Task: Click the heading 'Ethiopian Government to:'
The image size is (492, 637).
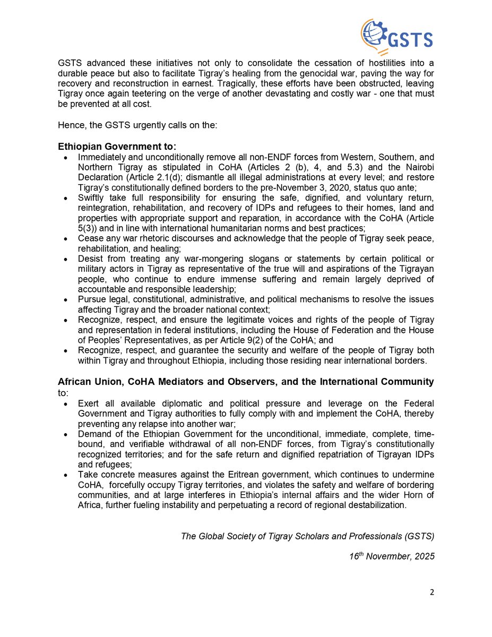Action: coord(117,146)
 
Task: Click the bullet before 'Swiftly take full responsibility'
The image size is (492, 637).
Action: coord(65,198)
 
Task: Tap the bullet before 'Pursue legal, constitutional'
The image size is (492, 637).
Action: coord(65,299)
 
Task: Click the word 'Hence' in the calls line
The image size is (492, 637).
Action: coord(69,126)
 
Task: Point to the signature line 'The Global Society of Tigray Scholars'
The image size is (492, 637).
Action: coord(308,536)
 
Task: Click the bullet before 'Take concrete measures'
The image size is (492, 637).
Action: coord(65,474)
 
